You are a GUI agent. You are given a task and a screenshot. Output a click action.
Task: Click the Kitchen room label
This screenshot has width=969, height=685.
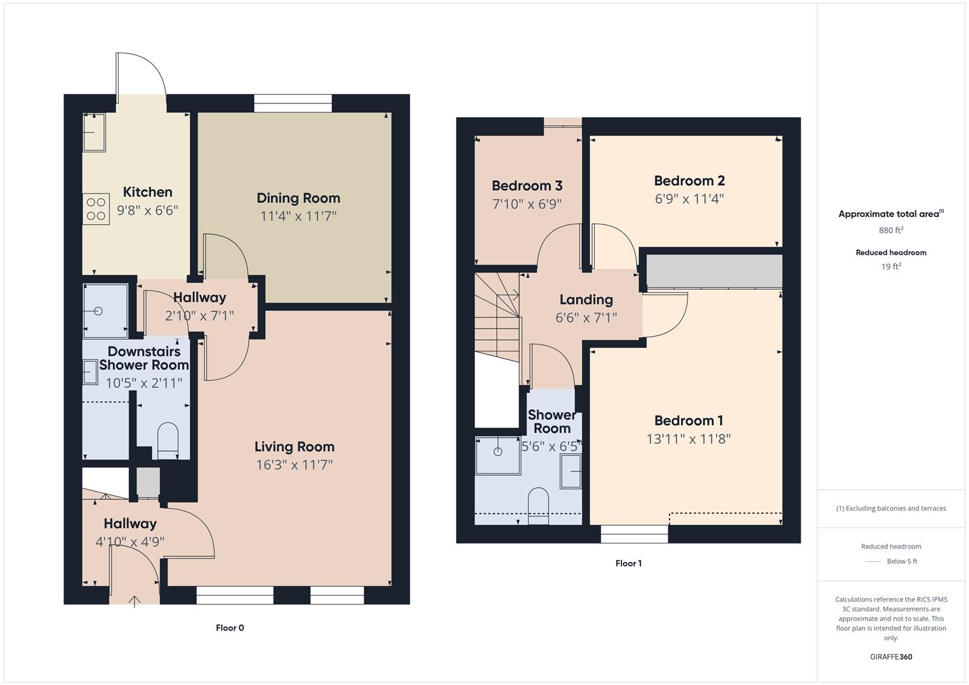(147, 192)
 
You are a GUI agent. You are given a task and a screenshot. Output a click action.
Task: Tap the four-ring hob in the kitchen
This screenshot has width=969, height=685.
(96, 209)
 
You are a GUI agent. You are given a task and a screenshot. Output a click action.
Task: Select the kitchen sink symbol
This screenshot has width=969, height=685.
(95, 133)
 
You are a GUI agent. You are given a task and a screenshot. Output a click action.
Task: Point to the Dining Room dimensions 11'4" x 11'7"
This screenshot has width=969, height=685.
(298, 216)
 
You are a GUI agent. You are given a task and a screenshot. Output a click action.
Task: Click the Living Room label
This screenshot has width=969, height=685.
(294, 447)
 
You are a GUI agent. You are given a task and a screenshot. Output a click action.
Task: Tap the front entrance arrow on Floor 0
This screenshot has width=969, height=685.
(135, 600)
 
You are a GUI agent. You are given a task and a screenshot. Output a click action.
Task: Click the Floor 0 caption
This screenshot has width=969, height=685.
(230, 628)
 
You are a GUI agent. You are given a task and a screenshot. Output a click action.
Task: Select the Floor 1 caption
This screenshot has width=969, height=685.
(628, 563)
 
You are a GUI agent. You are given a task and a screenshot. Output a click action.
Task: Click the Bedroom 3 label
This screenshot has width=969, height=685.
(527, 186)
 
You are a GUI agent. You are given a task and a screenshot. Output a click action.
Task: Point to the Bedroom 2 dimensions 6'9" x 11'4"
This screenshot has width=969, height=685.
(689, 199)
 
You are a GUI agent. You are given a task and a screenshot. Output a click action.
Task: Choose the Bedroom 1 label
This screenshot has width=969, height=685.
(689, 421)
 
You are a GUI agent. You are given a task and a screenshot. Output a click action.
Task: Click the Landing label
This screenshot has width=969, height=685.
(586, 299)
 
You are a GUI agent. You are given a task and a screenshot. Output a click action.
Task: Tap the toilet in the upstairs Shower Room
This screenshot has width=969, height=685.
(538, 505)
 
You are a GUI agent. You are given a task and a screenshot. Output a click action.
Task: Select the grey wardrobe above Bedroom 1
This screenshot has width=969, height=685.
(714, 271)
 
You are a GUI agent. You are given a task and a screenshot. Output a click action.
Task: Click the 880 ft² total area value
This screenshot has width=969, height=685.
(891, 230)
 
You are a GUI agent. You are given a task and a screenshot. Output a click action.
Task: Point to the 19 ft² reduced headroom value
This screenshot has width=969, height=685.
(891, 266)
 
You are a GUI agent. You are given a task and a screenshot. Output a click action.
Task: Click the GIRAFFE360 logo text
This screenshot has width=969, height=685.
(891, 656)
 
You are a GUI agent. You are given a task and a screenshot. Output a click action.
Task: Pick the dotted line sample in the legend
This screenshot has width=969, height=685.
(874, 561)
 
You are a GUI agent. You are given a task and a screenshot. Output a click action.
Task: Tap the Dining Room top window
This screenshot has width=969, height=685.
(293, 103)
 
